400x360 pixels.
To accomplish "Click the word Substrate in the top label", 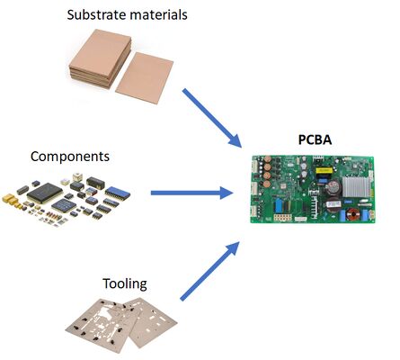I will pyautogui.click(x=93, y=14).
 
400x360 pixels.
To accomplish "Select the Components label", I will pyautogui.click(x=70, y=157).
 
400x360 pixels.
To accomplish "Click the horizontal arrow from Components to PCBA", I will pyautogui.click(x=191, y=193).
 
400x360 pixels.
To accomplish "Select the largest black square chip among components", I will pyautogui.click(x=45, y=193).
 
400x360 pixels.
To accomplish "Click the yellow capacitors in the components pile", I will pyautogui.click(x=15, y=195).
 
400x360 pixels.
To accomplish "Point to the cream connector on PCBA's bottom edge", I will pyautogui.click(x=289, y=217).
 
